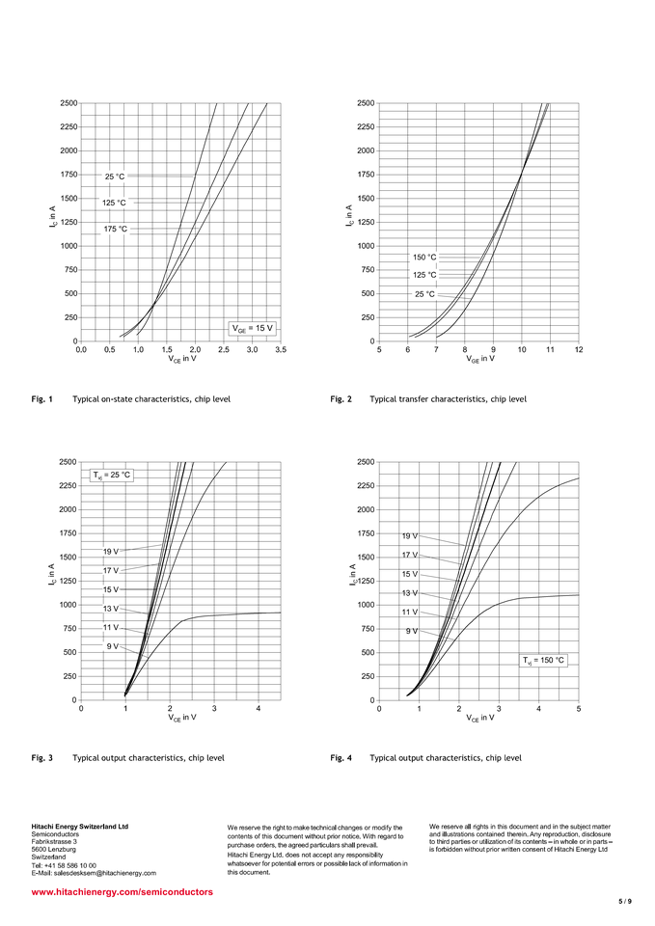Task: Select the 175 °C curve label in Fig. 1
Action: [x=115, y=230]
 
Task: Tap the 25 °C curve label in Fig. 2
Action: [x=424, y=293]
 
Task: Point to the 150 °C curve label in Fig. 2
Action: [x=424, y=258]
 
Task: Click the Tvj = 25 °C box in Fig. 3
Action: [x=112, y=475]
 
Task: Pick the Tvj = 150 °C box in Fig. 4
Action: [x=544, y=660]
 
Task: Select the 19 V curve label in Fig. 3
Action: [x=110, y=552]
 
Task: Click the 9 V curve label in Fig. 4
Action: [x=412, y=631]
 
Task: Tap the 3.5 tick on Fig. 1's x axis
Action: [x=281, y=350]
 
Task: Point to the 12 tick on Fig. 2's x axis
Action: [x=579, y=350]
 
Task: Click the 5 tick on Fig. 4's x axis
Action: [x=579, y=709]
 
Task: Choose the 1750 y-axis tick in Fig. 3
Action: [x=68, y=533]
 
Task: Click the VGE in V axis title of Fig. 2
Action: [x=479, y=359]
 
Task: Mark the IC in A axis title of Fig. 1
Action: [x=52, y=221]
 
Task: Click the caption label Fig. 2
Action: [x=341, y=398]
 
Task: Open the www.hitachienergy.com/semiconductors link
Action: [x=123, y=892]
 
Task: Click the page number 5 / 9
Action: [x=624, y=901]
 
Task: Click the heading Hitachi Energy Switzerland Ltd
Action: [x=80, y=827]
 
